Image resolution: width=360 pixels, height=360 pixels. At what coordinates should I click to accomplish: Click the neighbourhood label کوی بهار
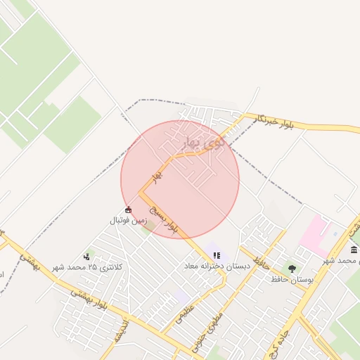pos(207,141)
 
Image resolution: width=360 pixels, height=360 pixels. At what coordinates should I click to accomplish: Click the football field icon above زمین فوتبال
pos(128,210)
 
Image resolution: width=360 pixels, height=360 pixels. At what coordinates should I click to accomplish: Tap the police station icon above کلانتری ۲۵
pos(87,257)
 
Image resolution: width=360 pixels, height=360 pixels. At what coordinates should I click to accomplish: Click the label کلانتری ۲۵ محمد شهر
pos(87,267)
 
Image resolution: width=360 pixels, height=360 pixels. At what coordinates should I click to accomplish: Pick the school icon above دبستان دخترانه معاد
pos(217,255)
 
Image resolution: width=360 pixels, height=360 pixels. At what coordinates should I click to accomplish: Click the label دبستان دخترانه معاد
pos(214,266)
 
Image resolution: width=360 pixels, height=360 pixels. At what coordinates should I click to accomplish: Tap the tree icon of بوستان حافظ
pos(292,269)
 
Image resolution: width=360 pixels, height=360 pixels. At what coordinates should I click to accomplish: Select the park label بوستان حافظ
pos(290,280)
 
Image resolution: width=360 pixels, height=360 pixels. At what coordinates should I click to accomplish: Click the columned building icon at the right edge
pos(353,250)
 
